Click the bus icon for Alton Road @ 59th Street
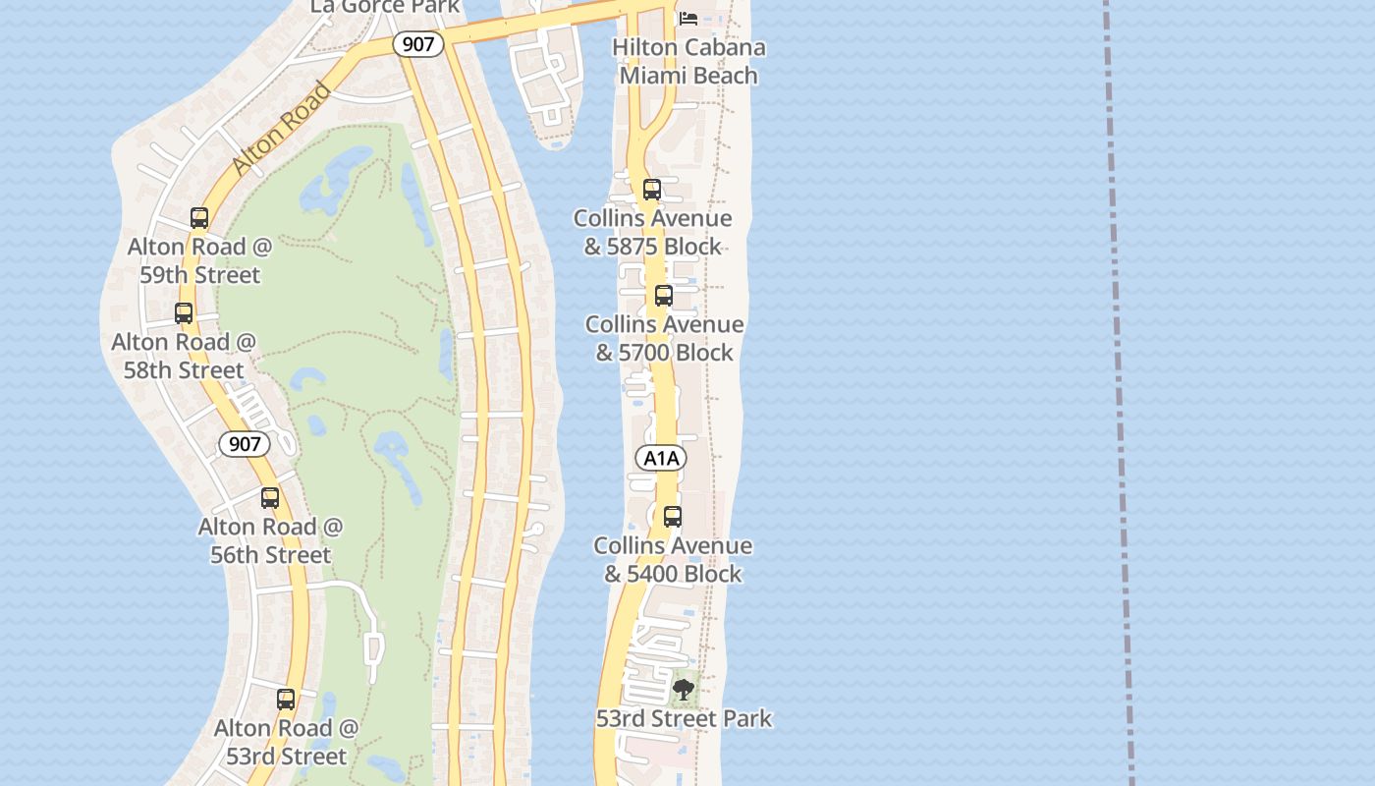tap(199, 218)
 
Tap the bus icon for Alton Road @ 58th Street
tap(184, 313)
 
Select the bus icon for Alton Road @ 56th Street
tap(270, 498)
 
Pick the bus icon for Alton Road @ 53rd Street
tap(286, 700)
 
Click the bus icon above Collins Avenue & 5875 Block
tap(652, 190)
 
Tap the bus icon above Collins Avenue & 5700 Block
tap(664, 296)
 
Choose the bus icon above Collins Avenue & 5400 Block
tap(673, 517)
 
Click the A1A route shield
tap(661, 458)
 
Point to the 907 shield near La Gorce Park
tap(419, 43)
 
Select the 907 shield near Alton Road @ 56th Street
tap(245, 444)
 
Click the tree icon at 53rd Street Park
tap(684, 690)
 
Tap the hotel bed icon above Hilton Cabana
tap(688, 19)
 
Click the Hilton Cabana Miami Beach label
tap(688, 61)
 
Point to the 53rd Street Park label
tap(684, 718)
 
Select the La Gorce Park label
tap(385, 7)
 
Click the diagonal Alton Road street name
tap(283, 129)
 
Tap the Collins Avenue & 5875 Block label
tap(653, 232)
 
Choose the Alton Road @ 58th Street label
tap(184, 356)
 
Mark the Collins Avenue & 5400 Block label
tap(673, 559)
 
